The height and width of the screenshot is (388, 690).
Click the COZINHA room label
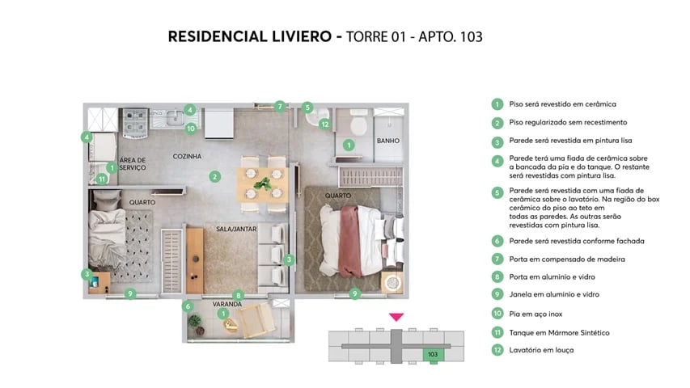(x=187, y=156)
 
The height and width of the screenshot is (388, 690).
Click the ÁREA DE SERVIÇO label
(x=132, y=164)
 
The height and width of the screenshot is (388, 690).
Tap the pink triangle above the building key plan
(x=396, y=317)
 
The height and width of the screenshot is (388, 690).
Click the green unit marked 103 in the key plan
(x=433, y=354)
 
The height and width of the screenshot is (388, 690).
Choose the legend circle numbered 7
(x=497, y=259)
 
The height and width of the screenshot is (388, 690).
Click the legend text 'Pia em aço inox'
(x=538, y=313)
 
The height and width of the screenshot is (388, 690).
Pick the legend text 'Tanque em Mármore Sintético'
(x=559, y=332)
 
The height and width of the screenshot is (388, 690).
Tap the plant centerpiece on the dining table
(x=261, y=184)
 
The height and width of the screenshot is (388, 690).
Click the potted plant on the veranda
(x=195, y=321)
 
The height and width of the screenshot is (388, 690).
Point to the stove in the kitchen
(x=133, y=122)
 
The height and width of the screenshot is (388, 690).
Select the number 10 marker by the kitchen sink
(x=191, y=127)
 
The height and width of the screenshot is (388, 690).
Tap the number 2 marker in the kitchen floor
(x=214, y=176)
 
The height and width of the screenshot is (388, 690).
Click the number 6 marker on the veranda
(x=188, y=306)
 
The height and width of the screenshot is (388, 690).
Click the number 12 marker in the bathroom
(x=324, y=124)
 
